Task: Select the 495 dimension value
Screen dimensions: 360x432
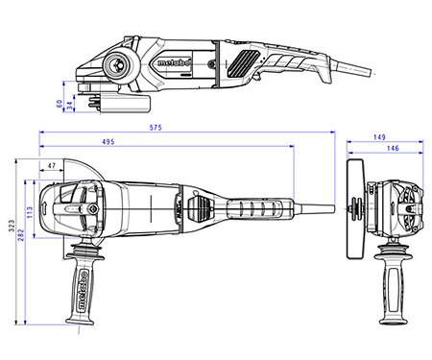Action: tap(162, 142)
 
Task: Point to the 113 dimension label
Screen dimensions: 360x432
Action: tap(30, 209)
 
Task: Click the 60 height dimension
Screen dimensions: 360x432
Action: tap(60, 101)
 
